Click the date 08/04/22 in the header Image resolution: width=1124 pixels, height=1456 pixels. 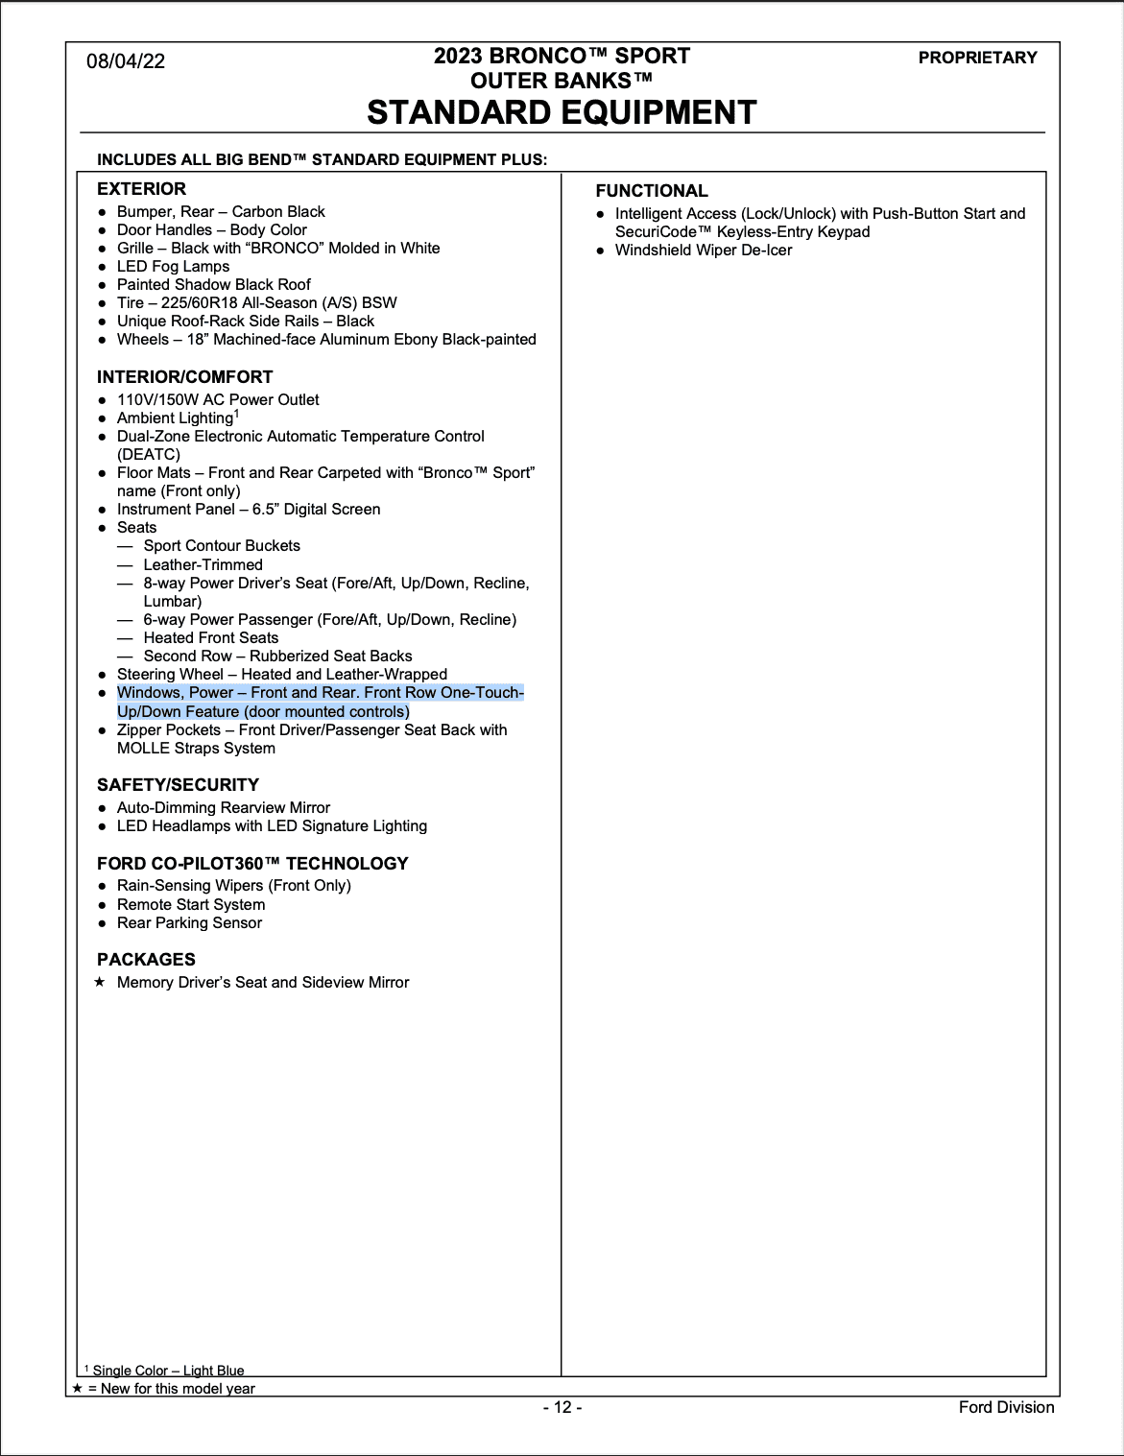pyautogui.click(x=126, y=61)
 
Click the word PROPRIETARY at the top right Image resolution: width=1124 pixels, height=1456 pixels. pyautogui.click(x=977, y=58)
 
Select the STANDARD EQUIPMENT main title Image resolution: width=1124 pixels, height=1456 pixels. pyautogui.click(x=562, y=112)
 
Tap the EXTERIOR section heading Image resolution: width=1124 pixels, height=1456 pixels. pyautogui.click(x=141, y=189)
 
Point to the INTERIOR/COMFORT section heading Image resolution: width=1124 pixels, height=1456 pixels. pyautogui.click(x=184, y=377)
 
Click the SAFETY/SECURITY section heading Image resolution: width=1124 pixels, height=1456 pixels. pyautogui.click(x=178, y=785)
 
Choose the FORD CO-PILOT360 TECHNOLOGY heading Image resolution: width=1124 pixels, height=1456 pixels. pyautogui.click(x=252, y=864)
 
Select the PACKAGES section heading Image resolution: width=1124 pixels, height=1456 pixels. pyautogui.click(x=146, y=960)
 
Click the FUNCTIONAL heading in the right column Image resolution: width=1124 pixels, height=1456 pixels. pyautogui.click(x=652, y=191)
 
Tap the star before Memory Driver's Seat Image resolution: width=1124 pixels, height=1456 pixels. pyautogui.click(x=100, y=982)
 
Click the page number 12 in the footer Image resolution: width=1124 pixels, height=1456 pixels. pyautogui.click(x=562, y=1408)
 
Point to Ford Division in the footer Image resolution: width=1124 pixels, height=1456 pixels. pyautogui.click(x=1006, y=1408)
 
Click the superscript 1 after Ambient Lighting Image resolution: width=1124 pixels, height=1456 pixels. pyautogui.click(x=236, y=414)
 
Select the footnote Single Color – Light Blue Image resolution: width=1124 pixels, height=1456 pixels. pyautogui.click(x=168, y=1371)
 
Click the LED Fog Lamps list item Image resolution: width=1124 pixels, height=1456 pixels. pyautogui.click(x=173, y=267)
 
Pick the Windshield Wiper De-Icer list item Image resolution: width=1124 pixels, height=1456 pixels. pyautogui.click(x=704, y=251)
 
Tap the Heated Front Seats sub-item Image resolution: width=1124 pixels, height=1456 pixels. pyautogui.click(x=211, y=638)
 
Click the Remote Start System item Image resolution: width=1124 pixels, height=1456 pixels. pyautogui.click(x=191, y=905)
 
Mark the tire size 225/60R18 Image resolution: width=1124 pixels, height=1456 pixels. pyautogui.click(x=203, y=303)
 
